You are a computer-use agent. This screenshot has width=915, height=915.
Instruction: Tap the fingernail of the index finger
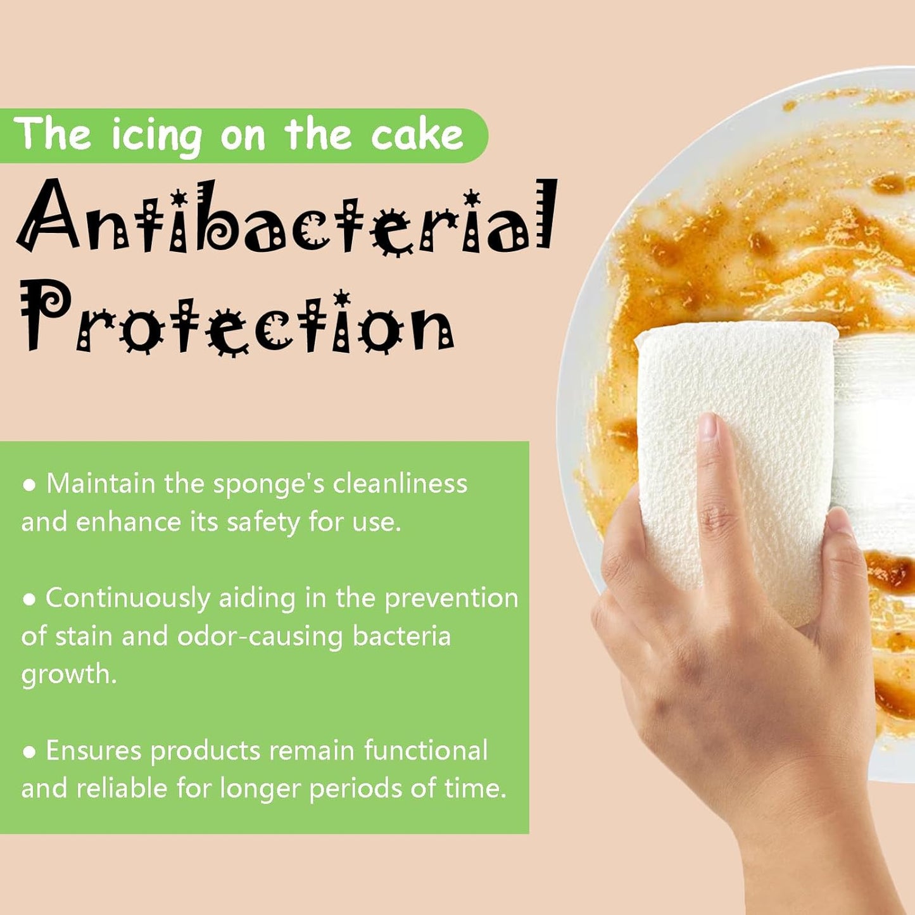[708, 424]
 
